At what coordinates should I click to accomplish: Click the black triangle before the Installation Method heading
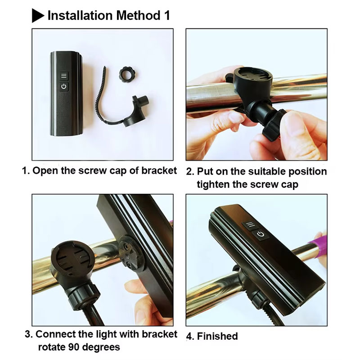[x=38, y=16]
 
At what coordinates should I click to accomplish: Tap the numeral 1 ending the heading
[x=167, y=16]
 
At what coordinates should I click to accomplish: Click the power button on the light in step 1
[x=64, y=86]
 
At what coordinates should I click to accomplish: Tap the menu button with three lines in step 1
[x=64, y=76]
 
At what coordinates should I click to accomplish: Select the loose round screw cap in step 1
[x=126, y=74]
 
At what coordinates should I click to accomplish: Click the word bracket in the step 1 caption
[x=159, y=171]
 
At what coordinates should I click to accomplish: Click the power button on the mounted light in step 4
[x=260, y=234]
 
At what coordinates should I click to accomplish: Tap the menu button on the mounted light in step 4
[x=250, y=224]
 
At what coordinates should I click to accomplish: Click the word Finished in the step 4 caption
[x=217, y=336]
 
